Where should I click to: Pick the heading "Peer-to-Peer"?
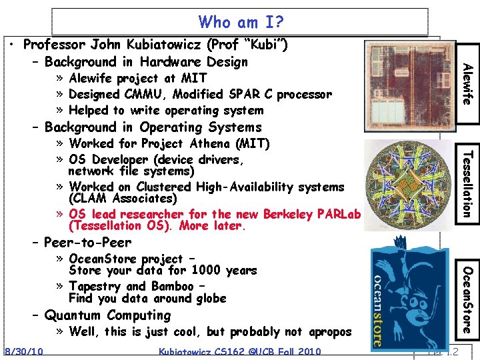(87, 242)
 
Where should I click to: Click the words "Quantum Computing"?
(107, 315)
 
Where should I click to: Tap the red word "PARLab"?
(335, 214)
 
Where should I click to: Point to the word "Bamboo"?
(173, 286)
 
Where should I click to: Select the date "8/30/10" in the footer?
(23, 352)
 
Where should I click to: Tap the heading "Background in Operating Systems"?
(153, 127)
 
